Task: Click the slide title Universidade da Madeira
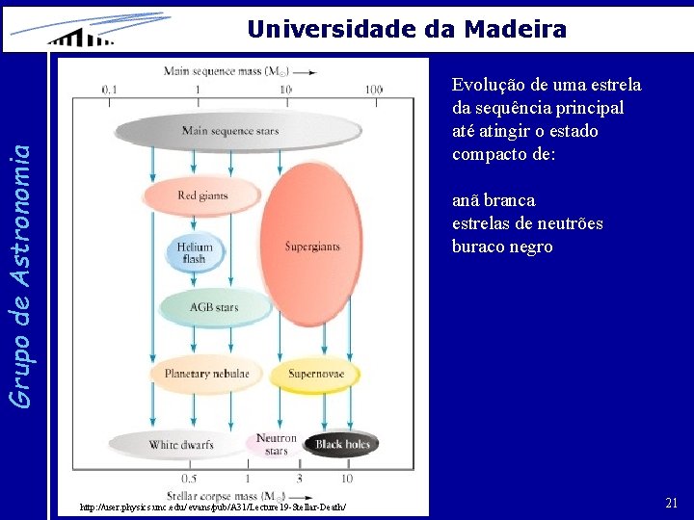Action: pos(406,29)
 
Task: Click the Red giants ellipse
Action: pos(202,195)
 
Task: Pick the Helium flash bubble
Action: pos(195,252)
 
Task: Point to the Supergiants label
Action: pos(311,247)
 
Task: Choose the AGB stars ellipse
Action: pos(213,308)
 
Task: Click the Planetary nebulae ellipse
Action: pos(206,374)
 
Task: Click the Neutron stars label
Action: pos(276,444)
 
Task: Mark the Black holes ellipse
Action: pos(342,444)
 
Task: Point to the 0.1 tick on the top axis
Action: pos(111,90)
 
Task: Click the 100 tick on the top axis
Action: pos(373,90)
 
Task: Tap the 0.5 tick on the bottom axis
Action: pos(189,478)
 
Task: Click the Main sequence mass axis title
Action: pos(238,70)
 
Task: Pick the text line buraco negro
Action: pos(502,247)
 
